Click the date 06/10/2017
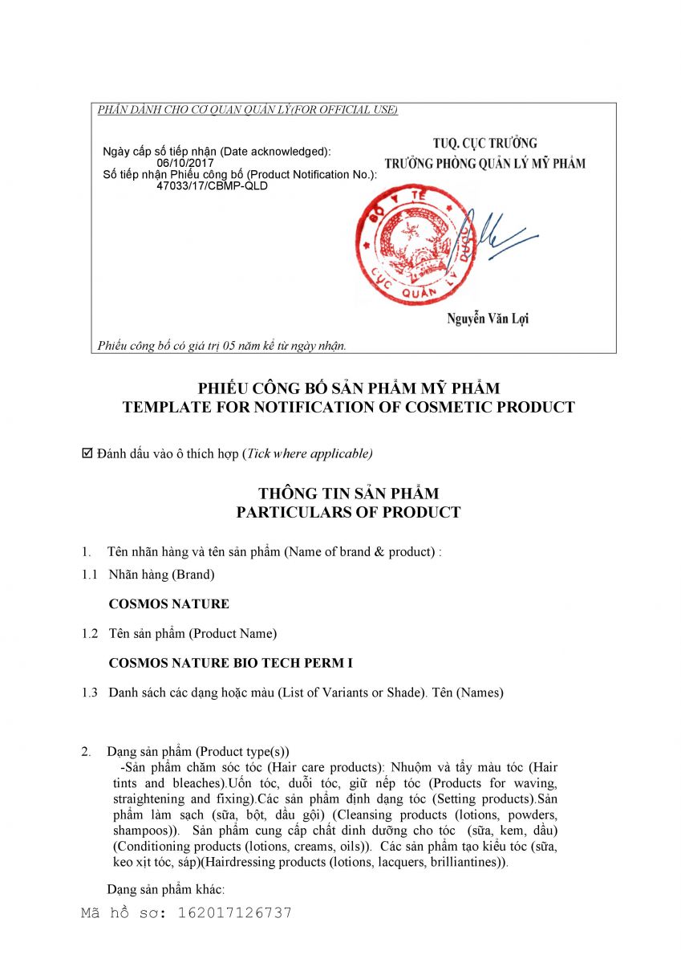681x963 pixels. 182,163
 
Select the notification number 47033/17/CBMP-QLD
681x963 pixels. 213,185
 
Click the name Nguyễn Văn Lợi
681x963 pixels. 488,319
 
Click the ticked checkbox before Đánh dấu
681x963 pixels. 88,453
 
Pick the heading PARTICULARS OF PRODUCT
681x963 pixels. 348,512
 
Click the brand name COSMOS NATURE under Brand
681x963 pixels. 168,603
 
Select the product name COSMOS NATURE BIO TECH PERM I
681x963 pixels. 231,663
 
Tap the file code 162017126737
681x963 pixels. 235,912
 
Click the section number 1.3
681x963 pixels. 90,693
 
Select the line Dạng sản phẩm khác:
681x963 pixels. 165,889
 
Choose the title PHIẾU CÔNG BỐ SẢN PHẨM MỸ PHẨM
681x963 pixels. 348,388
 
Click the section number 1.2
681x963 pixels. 90,633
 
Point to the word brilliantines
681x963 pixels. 460,863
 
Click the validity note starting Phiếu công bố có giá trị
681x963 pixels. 221,346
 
